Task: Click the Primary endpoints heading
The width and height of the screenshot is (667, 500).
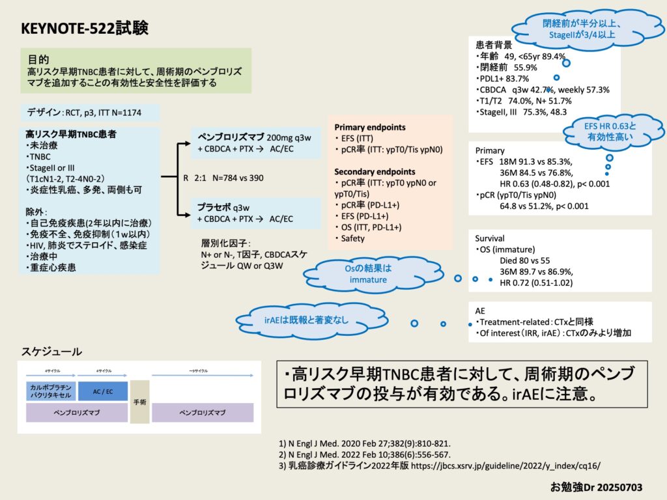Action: [x=369, y=127]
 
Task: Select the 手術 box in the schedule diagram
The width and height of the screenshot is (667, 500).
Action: [x=139, y=402]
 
